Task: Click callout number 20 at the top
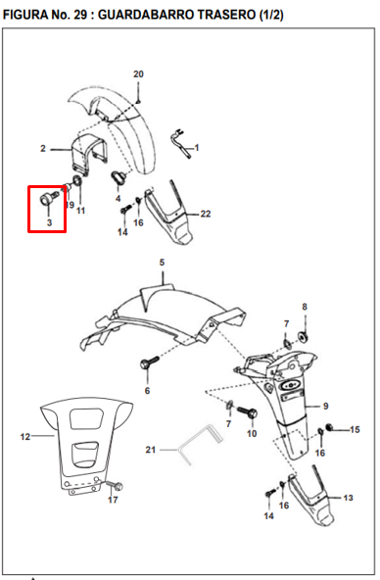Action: click(x=138, y=74)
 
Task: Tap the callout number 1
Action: click(x=197, y=148)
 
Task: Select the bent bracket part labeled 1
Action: click(x=181, y=142)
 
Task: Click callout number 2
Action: click(x=43, y=148)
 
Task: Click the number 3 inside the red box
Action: click(x=49, y=222)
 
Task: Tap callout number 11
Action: click(x=80, y=211)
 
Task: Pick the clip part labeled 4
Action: click(x=119, y=177)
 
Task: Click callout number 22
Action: click(x=206, y=214)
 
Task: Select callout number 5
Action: click(x=162, y=263)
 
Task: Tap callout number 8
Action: click(x=305, y=307)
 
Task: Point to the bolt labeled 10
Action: click(x=248, y=412)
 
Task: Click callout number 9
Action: click(x=326, y=407)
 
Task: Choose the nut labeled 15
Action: click(x=329, y=428)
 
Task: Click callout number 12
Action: click(x=25, y=437)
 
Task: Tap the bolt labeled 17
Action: click(x=115, y=485)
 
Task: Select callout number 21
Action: click(x=151, y=450)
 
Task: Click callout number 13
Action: click(x=349, y=498)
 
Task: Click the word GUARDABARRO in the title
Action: click(x=146, y=15)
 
